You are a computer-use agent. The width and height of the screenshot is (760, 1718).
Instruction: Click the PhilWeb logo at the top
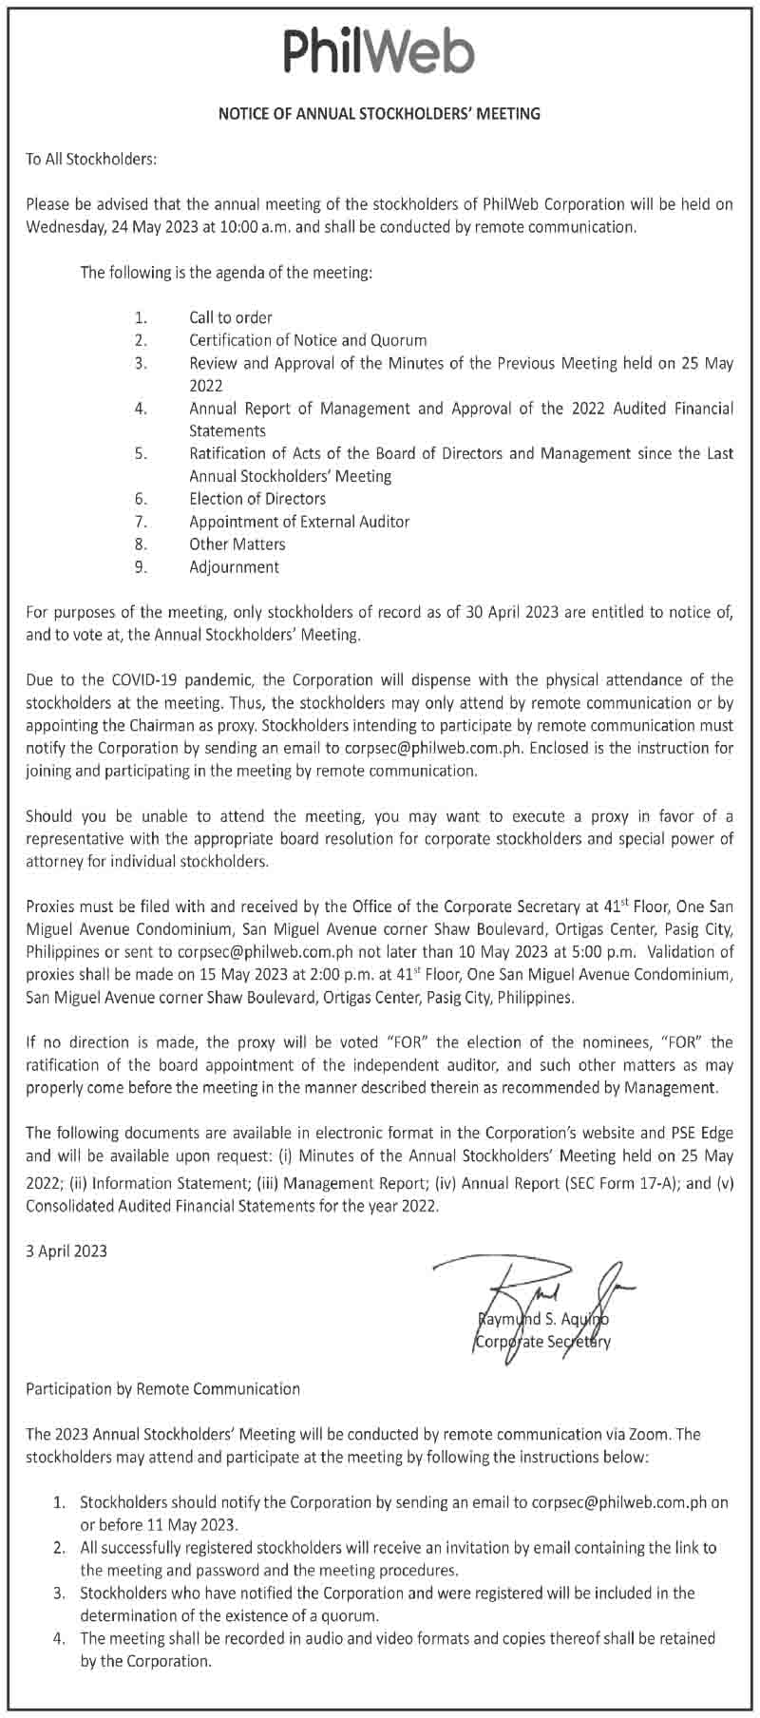point(379,49)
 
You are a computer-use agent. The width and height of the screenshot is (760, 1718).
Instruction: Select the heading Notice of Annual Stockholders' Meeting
point(379,114)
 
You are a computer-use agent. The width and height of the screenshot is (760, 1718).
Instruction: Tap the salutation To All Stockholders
point(90,159)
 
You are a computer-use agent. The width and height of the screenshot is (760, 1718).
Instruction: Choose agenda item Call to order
point(230,317)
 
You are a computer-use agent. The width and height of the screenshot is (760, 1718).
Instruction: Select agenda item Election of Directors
point(256,499)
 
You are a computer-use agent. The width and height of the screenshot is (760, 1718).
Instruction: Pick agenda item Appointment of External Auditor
point(299,522)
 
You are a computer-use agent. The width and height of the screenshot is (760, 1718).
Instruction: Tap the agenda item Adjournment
point(234,567)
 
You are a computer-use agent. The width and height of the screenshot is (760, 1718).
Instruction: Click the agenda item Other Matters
point(237,544)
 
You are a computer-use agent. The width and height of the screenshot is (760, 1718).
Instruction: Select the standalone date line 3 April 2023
point(66,1250)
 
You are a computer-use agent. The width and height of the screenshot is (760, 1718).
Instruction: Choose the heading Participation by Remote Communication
point(162,1389)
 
